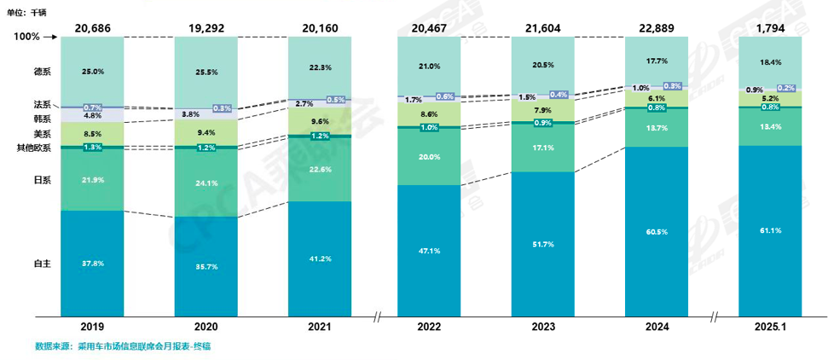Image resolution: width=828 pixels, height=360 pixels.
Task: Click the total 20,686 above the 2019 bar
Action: point(92,29)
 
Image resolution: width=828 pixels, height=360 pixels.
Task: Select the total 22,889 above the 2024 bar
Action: point(657,29)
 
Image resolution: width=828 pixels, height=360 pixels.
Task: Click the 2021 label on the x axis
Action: point(319,328)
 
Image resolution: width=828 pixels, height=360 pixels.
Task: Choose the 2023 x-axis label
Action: point(544,328)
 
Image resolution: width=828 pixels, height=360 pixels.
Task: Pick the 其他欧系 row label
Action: point(34,148)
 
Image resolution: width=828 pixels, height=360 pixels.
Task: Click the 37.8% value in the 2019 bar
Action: point(92,264)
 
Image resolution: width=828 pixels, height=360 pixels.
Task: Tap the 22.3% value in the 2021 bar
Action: point(319,67)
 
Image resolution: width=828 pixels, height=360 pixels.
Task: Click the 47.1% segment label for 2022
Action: point(430,252)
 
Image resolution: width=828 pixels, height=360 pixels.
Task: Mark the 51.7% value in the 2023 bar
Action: point(544,245)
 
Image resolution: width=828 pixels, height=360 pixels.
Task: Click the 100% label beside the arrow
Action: point(28,38)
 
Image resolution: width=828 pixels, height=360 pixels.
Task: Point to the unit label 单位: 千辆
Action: point(29,12)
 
